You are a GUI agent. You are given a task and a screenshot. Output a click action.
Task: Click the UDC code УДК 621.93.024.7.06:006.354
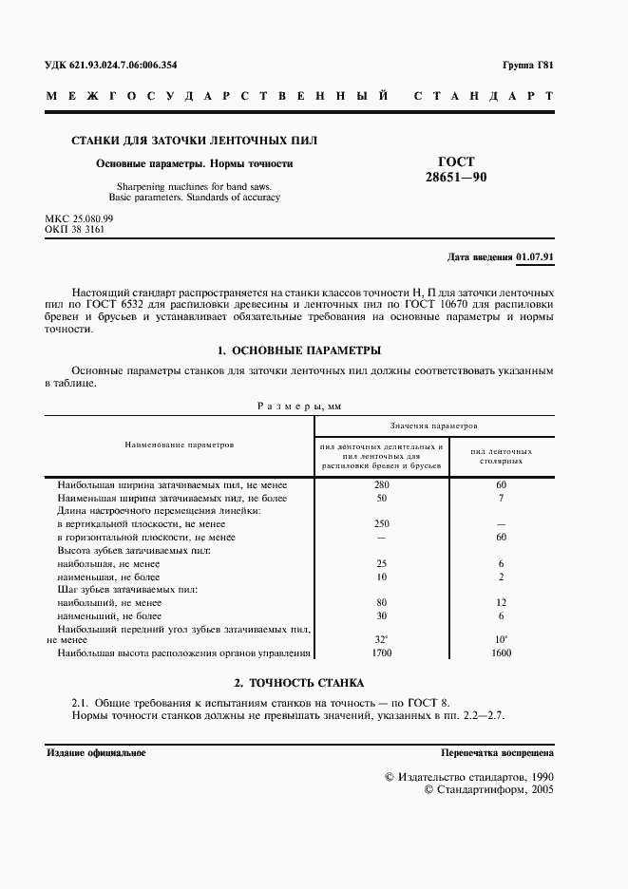111,66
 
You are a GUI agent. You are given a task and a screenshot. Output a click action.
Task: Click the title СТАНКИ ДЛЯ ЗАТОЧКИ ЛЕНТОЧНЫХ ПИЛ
195,141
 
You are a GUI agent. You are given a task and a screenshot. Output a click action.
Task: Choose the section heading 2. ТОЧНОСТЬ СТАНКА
299,683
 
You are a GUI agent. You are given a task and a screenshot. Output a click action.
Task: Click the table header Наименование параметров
179,444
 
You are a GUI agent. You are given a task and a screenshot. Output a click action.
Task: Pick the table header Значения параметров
433,426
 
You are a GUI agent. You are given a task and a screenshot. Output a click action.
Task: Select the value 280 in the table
382,484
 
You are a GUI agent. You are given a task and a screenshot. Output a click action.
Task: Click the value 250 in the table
382,523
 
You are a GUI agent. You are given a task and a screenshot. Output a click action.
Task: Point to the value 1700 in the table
382,654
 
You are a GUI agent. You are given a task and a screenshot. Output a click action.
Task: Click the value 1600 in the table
500,654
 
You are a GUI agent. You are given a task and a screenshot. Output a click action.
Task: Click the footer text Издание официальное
96,752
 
